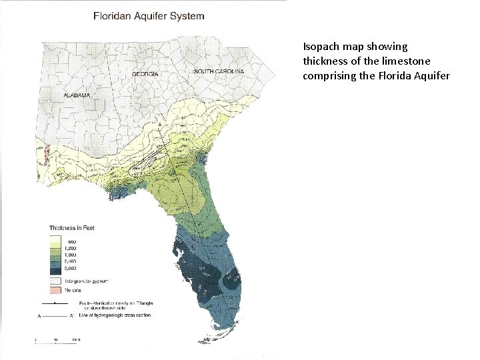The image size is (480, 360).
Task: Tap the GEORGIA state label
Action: [x=145, y=73]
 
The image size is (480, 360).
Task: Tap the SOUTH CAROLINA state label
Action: [x=219, y=71]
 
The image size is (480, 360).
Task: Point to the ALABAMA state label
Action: [x=77, y=95]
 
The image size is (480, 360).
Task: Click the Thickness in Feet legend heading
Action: [x=72, y=229]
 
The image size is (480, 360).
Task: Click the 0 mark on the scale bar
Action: [x=37, y=339]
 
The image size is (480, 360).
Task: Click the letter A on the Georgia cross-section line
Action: [x=160, y=124]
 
